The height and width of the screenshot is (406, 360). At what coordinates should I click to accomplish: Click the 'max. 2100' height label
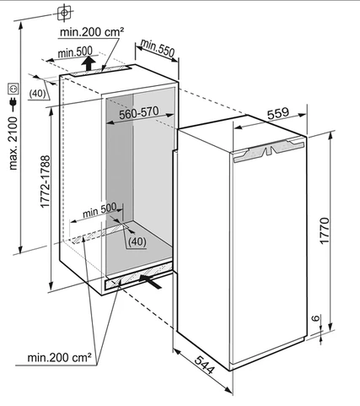pos(13,143)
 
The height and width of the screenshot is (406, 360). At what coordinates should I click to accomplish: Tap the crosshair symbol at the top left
pos(64,13)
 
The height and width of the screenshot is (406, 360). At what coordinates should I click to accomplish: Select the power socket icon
pos(13,89)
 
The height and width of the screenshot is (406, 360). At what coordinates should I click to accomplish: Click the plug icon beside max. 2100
pos(13,103)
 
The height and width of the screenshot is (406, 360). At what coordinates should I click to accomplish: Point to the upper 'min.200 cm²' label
pos(92,32)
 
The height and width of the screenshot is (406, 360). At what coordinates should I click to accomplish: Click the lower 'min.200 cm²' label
pos(59,357)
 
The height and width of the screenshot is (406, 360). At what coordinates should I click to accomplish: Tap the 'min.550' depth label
pos(158,47)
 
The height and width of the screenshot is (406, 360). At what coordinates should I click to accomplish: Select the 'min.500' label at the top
pos(75,51)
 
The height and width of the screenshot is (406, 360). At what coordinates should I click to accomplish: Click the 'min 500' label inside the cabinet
pos(99,210)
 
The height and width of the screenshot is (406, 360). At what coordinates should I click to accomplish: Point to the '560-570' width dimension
pos(139,113)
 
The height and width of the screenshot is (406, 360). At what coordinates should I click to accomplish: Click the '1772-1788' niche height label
pos(46,181)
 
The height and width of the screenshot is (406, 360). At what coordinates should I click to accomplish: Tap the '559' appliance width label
pos(277,113)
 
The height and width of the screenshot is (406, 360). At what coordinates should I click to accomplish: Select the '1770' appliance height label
pos(325,230)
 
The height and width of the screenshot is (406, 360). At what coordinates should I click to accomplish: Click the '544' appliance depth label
pos(205,365)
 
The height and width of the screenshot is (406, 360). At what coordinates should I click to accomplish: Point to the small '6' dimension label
pos(316,318)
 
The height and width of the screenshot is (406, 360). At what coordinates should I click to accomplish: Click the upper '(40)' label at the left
pos(37,94)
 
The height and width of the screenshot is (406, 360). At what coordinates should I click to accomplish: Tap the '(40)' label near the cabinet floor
pos(137,241)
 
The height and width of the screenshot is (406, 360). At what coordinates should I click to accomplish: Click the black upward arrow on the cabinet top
pos(89,63)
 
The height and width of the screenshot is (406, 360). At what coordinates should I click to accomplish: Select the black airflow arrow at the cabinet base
pos(150,281)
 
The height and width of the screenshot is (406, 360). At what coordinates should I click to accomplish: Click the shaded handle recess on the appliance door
pos(269,151)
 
